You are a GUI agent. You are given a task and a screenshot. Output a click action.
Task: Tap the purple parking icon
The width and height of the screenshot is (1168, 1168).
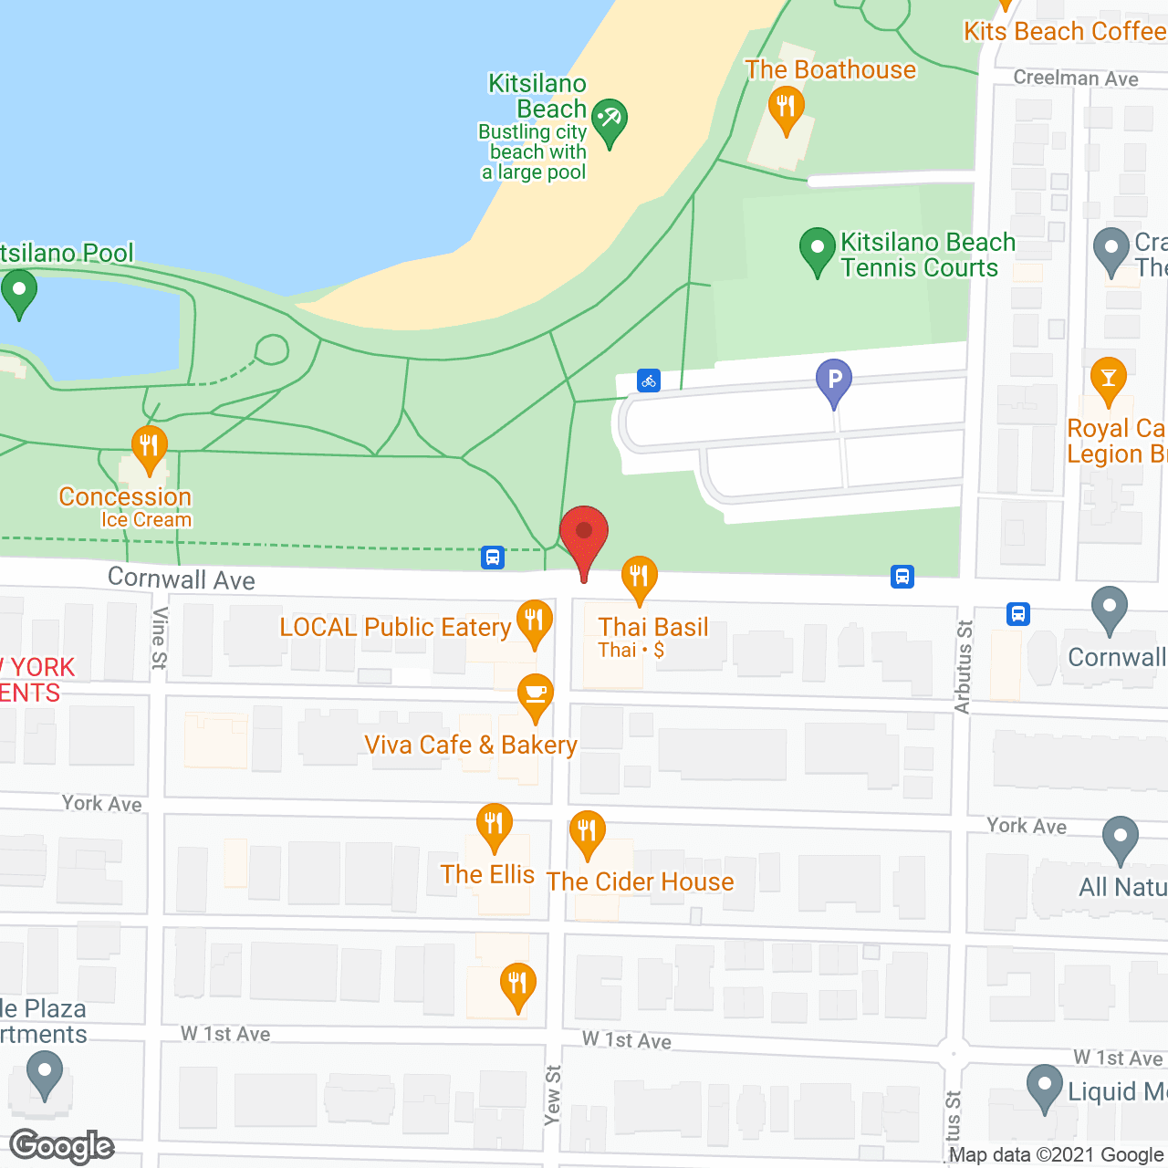coord(833,380)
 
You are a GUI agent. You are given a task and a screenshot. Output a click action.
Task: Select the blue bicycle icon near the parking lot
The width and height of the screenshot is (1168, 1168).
coord(649,381)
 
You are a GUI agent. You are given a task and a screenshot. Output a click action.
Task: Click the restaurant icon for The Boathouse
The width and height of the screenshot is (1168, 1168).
coord(785,107)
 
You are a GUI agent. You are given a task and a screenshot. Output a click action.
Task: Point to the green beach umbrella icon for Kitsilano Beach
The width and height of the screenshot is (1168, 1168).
coord(609,120)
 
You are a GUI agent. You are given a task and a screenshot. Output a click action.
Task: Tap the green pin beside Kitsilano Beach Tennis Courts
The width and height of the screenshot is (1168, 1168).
coord(817,249)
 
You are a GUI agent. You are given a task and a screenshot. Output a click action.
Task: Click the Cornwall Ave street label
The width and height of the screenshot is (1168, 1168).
coord(181,579)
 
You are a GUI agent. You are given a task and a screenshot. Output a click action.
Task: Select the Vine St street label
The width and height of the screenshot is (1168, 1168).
coord(160,638)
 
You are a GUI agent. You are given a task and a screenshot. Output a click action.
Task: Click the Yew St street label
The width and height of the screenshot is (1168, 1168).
coord(552,1094)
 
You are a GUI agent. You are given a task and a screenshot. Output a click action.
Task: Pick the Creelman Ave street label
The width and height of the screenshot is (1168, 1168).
coord(1075,78)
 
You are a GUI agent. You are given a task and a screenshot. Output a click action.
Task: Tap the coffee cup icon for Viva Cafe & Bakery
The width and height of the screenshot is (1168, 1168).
coord(535,695)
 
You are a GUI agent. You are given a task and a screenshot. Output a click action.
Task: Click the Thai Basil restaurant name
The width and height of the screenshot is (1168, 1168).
coord(653,627)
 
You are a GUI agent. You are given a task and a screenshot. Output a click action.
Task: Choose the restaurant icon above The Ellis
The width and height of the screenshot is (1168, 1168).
coord(494,825)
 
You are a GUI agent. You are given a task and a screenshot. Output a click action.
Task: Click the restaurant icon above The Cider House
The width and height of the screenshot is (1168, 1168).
coord(587,832)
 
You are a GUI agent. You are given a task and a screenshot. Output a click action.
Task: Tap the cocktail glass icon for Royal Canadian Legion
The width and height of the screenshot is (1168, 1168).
coord(1108,379)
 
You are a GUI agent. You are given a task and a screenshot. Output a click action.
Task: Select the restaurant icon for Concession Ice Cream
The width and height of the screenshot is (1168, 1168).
coord(149,447)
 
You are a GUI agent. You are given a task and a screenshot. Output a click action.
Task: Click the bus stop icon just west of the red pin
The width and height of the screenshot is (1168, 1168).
coord(493,557)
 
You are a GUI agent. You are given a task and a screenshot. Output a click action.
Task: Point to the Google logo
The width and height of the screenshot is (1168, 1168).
coord(62,1146)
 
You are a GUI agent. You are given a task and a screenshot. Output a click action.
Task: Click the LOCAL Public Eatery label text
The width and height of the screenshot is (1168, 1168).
coord(394,627)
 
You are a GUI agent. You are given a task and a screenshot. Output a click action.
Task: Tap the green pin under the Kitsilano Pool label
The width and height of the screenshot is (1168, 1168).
coord(18,293)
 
